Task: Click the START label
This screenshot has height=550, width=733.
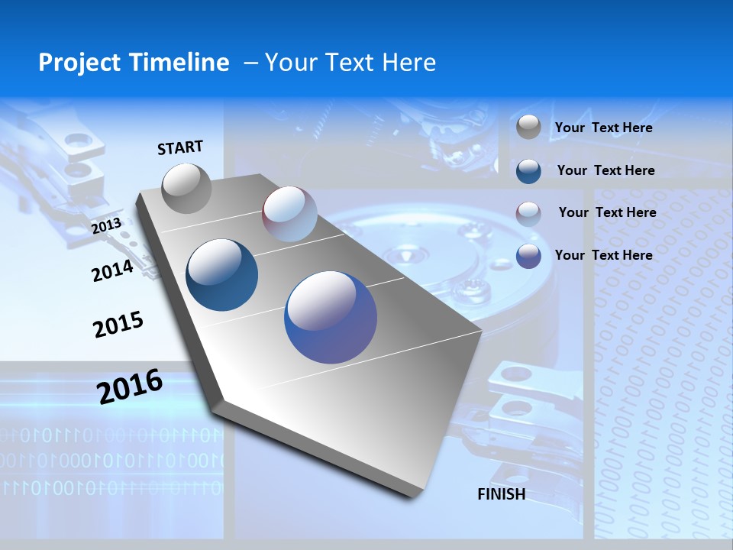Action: pyautogui.click(x=180, y=147)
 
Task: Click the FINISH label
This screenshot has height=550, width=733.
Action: pyautogui.click(x=501, y=494)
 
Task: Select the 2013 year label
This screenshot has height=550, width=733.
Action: pyautogui.click(x=106, y=226)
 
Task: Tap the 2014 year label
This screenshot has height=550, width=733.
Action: pyautogui.click(x=112, y=270)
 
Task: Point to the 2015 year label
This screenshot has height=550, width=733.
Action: pyautogui.click(x=118, y=325)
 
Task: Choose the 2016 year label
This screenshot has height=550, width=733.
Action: pyautogui.click(x=130, y=387)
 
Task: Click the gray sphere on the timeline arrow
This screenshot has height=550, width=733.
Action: pyautogui.click(x=186, y=188)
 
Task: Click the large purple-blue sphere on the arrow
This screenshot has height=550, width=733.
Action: pyautogui.click(x=331, y=317)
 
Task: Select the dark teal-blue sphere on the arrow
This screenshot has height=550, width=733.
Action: pyautogui.click(x=222, y=275)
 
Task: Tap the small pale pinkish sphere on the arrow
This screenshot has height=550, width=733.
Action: pyautogui.click(x=289, y=214)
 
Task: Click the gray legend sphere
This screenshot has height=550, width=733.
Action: pyautogui.click(x=528, y=127)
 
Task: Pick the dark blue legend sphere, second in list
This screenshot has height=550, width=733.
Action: pyautogui.click(x=528, y=171)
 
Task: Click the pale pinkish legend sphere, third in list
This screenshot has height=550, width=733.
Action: pyautogui.click(x=528, y=214)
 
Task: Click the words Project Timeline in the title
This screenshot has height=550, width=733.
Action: pyautogui.click(x=134, y=63)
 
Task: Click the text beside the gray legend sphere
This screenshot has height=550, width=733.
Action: pyautogui.click(x=603, y=128)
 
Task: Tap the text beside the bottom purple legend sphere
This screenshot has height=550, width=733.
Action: pyautogui.click(x=603, y=255)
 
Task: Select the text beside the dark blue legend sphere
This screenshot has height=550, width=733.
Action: pyautogui.click(x=605, y=170)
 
